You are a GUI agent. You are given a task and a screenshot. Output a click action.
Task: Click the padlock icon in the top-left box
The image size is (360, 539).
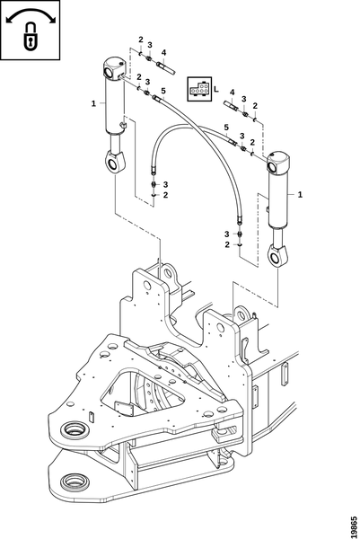(x=31, y=37)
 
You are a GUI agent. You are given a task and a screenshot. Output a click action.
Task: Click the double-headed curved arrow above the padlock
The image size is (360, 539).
(x=31, y=13)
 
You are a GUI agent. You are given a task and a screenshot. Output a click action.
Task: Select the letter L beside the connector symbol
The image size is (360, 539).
(x=215, y=89)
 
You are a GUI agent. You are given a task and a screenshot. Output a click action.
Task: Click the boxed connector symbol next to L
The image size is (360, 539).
(x=199, y=89)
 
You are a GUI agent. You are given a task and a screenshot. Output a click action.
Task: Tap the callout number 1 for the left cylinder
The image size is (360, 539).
(x=93, y=103)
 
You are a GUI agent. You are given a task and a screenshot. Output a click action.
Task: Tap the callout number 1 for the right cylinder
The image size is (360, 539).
(x=300, y=195)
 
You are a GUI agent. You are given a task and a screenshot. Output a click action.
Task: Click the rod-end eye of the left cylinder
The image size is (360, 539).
(x=111, y=163)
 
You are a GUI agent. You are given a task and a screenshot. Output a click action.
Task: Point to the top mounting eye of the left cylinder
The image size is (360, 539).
(x=108, y=73)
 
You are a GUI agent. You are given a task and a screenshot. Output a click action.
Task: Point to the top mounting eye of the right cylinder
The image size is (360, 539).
(x=272, y=167)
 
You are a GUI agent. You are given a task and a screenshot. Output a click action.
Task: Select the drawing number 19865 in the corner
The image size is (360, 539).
(x=355, y=525)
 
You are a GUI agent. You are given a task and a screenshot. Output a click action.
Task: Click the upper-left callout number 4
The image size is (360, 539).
(x=164, y=53)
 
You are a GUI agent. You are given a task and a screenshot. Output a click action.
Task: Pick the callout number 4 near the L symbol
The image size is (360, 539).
(x=233, y=93)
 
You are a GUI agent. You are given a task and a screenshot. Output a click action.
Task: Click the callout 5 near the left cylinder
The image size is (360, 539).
(x=163, y=91)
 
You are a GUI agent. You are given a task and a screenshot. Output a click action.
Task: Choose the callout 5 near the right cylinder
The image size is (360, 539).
(x=226, y=128)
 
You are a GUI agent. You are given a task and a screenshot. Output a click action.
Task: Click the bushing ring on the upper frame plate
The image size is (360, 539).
(x=74, y=429)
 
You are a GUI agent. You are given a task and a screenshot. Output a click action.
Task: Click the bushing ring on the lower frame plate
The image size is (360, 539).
(x=75, y=482)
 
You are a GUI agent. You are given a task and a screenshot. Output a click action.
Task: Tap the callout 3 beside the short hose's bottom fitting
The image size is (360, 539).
(x=165, y=184)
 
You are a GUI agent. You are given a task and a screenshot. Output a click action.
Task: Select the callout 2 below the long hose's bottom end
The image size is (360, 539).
(x=227, y=244)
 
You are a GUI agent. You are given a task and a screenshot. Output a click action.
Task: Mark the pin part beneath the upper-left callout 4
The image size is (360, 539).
(x=166, y=67)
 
